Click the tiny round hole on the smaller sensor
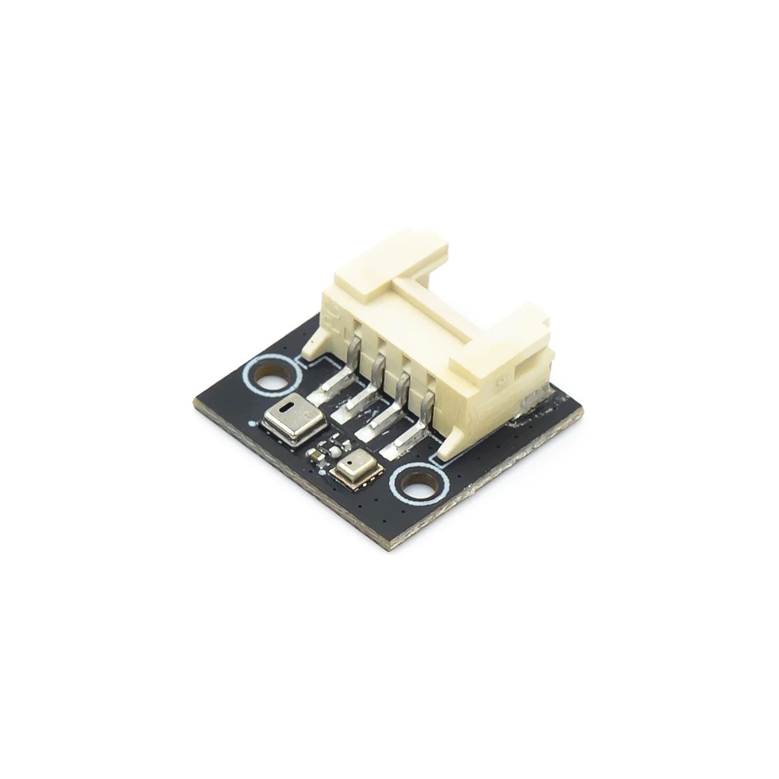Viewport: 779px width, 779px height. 350,461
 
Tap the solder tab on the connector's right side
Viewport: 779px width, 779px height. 530,400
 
